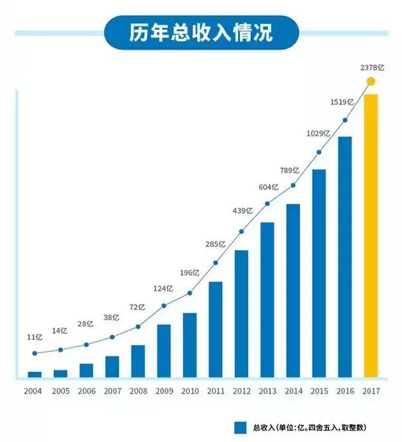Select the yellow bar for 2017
pos(371,236)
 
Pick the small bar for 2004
pos(34,374)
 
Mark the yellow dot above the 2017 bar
pos(371,82)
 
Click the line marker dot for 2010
pos(190,293)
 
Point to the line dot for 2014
pos(293,186)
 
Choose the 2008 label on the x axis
pos(137,391)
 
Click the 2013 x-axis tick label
pos(267,391)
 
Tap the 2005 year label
pos(60,391)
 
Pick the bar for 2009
pos(164,351)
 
